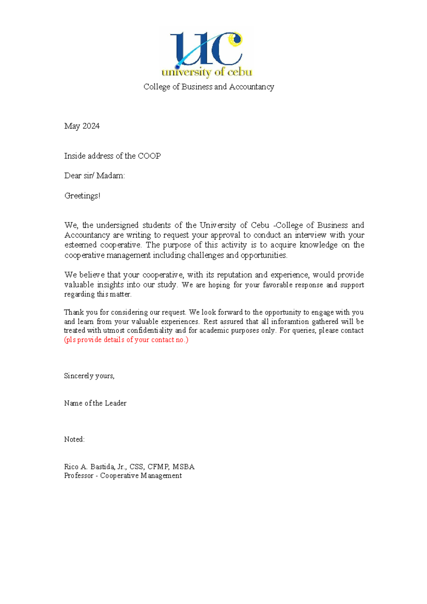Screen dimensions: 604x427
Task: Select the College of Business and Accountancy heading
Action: (209, 87)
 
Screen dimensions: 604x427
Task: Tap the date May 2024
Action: (82, 126)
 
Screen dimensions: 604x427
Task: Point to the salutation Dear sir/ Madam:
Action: (94, 176)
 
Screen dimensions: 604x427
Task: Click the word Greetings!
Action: (82, 196)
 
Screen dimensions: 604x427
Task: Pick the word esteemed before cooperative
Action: (80, 245)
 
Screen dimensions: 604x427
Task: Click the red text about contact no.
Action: (126, 340)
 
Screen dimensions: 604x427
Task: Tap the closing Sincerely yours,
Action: (89, 376)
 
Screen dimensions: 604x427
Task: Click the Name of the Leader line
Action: (95, 403)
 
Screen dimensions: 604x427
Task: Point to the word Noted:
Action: (74, 439)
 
